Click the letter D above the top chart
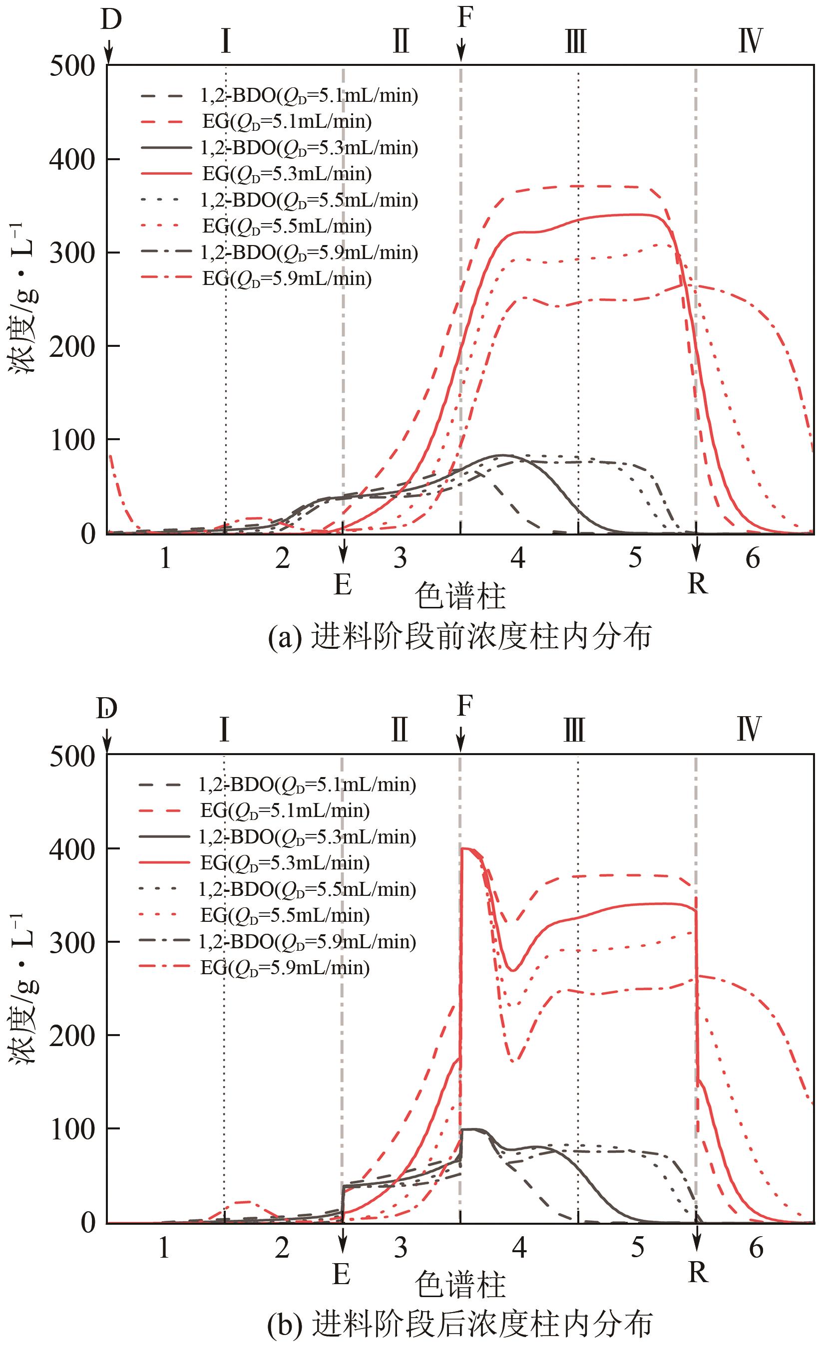111,21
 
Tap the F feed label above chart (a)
464,17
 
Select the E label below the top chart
343,584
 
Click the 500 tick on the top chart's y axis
72,67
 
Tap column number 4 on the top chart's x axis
517,558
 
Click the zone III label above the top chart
576,42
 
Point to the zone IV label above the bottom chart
749,730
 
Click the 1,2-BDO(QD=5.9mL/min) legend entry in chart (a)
309,253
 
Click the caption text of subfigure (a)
459,637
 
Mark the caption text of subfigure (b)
459,1326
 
